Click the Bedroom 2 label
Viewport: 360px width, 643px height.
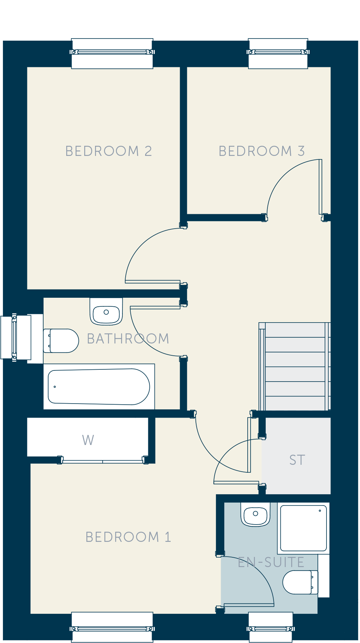(108, 151)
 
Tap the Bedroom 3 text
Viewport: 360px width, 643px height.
(262, 151)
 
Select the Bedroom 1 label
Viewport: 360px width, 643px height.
(128, 537)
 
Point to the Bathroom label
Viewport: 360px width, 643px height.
(128, 339)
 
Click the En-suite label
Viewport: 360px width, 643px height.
(271, 562)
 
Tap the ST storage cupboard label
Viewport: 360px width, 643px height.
(297, 460)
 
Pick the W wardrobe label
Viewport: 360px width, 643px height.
(88, 440)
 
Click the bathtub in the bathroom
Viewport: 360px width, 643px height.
(99, 387)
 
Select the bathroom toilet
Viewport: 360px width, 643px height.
(61, 341)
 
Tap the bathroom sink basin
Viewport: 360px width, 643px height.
(106, 311)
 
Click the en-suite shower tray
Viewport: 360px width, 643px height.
(303, 528)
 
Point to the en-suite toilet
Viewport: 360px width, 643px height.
(301, 582)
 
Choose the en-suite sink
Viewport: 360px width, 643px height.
(256, 514)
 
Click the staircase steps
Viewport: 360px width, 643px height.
(295, 367)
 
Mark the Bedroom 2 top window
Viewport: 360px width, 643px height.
(112, 53)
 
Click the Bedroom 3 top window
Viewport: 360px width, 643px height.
(278, 53)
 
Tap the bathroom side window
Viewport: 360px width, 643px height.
(16, 337)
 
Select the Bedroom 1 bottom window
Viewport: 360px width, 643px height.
(112, 627)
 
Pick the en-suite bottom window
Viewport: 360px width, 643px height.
(271, 627)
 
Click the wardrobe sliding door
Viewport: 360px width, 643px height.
(103, 460)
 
